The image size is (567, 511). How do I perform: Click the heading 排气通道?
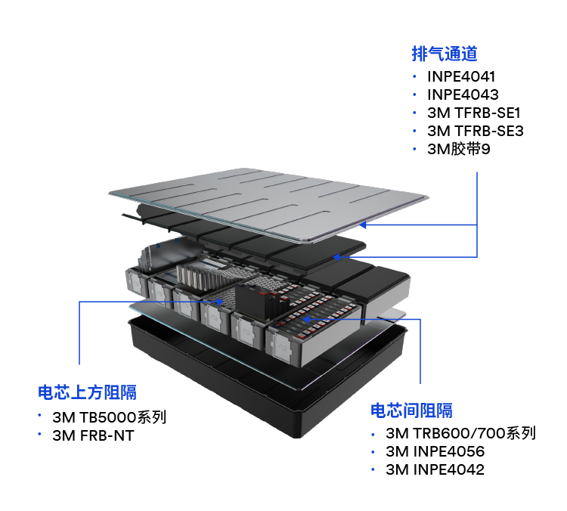point(445,54)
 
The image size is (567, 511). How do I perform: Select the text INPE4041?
point(461,76)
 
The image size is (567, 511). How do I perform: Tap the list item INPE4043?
point(463,94)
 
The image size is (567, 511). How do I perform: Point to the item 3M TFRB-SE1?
point(474,113)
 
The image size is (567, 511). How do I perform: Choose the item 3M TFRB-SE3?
point(476,131)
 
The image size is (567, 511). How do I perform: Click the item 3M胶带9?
point(459,149)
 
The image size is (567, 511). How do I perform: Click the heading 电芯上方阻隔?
point(87,392)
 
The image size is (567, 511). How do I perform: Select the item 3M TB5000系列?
point(109,417)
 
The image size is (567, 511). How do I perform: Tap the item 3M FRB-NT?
point(93,435)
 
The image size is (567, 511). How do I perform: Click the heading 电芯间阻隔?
point(411,410)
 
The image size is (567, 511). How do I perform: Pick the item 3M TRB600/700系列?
point(460,433)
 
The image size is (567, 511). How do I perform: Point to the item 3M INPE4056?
point(435,451)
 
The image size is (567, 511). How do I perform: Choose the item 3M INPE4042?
point(435,469)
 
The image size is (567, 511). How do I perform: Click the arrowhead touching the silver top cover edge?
point(363,225)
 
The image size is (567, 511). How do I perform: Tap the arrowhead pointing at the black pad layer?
point(336,257)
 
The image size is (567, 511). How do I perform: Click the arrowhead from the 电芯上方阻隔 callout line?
point(219,302)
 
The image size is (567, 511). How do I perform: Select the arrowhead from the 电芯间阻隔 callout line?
point(305,319)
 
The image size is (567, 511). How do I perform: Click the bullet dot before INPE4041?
point(415,76)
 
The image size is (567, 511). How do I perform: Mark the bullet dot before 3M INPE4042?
point(373,469)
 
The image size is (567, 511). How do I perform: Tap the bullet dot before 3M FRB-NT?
point(39,433)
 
